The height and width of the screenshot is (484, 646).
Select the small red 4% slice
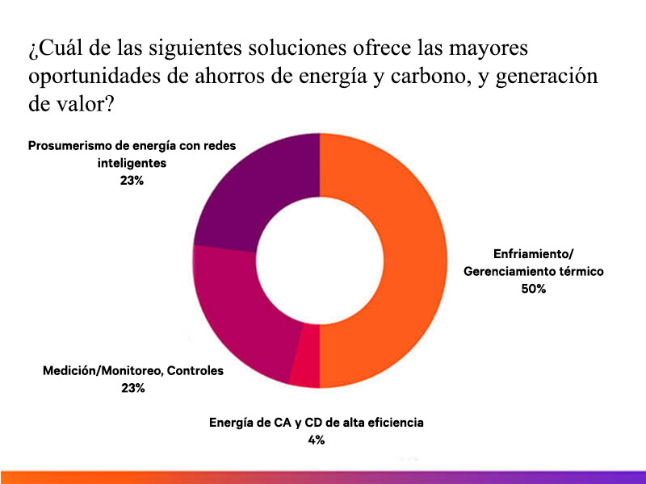[304, 367]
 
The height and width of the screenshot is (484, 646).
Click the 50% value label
[533, 289]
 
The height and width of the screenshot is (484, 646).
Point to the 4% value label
[316, 440]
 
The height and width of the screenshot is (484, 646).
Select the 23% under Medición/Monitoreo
[132, 388]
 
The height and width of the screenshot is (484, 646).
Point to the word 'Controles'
[195, 371]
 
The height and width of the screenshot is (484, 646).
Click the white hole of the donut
[320, 261]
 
